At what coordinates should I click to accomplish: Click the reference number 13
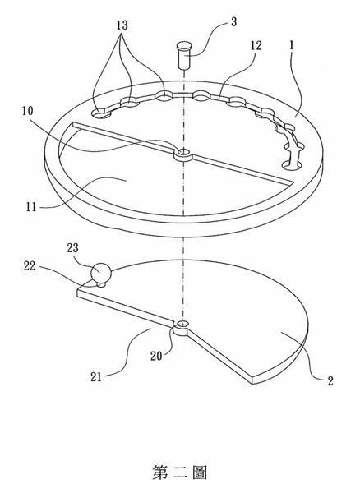tap(122, 25)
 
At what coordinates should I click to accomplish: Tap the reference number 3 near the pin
tap(233, 22)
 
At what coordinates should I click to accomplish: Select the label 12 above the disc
tap(256, 45)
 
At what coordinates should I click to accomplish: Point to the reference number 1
tap(292, 45)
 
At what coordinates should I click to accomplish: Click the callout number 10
tap(27, 111)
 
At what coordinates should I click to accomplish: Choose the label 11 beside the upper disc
tap(31, 207)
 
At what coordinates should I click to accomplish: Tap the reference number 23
tap(72, 248)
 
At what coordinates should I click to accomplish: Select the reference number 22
tap(30, 266)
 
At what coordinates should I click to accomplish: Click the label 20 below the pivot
tap(156, 356)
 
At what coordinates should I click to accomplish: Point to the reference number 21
tap(96, 376)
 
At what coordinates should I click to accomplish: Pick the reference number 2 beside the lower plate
tap(330, 380)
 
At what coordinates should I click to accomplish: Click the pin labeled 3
tap(184, 56)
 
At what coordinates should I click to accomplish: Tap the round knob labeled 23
tap(101, 273)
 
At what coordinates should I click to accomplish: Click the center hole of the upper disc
tap(183, 153)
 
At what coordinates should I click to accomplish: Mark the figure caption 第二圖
tap(180, 472)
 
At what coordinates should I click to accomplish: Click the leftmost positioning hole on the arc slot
tap(101, 113)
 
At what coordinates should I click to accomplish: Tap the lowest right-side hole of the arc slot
tap(292, 165)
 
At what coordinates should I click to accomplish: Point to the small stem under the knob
tap(101, 285)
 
